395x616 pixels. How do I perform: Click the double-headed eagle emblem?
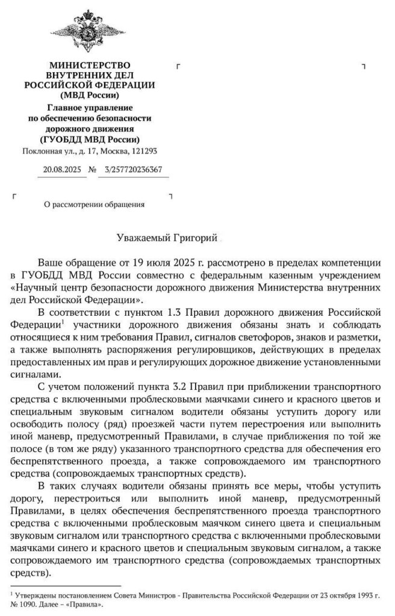[89, 31]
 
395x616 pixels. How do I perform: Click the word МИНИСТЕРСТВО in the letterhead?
[89, 65]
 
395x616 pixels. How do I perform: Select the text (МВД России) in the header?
[89, 95]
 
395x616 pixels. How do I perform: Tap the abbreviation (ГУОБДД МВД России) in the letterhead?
[89, 140]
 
